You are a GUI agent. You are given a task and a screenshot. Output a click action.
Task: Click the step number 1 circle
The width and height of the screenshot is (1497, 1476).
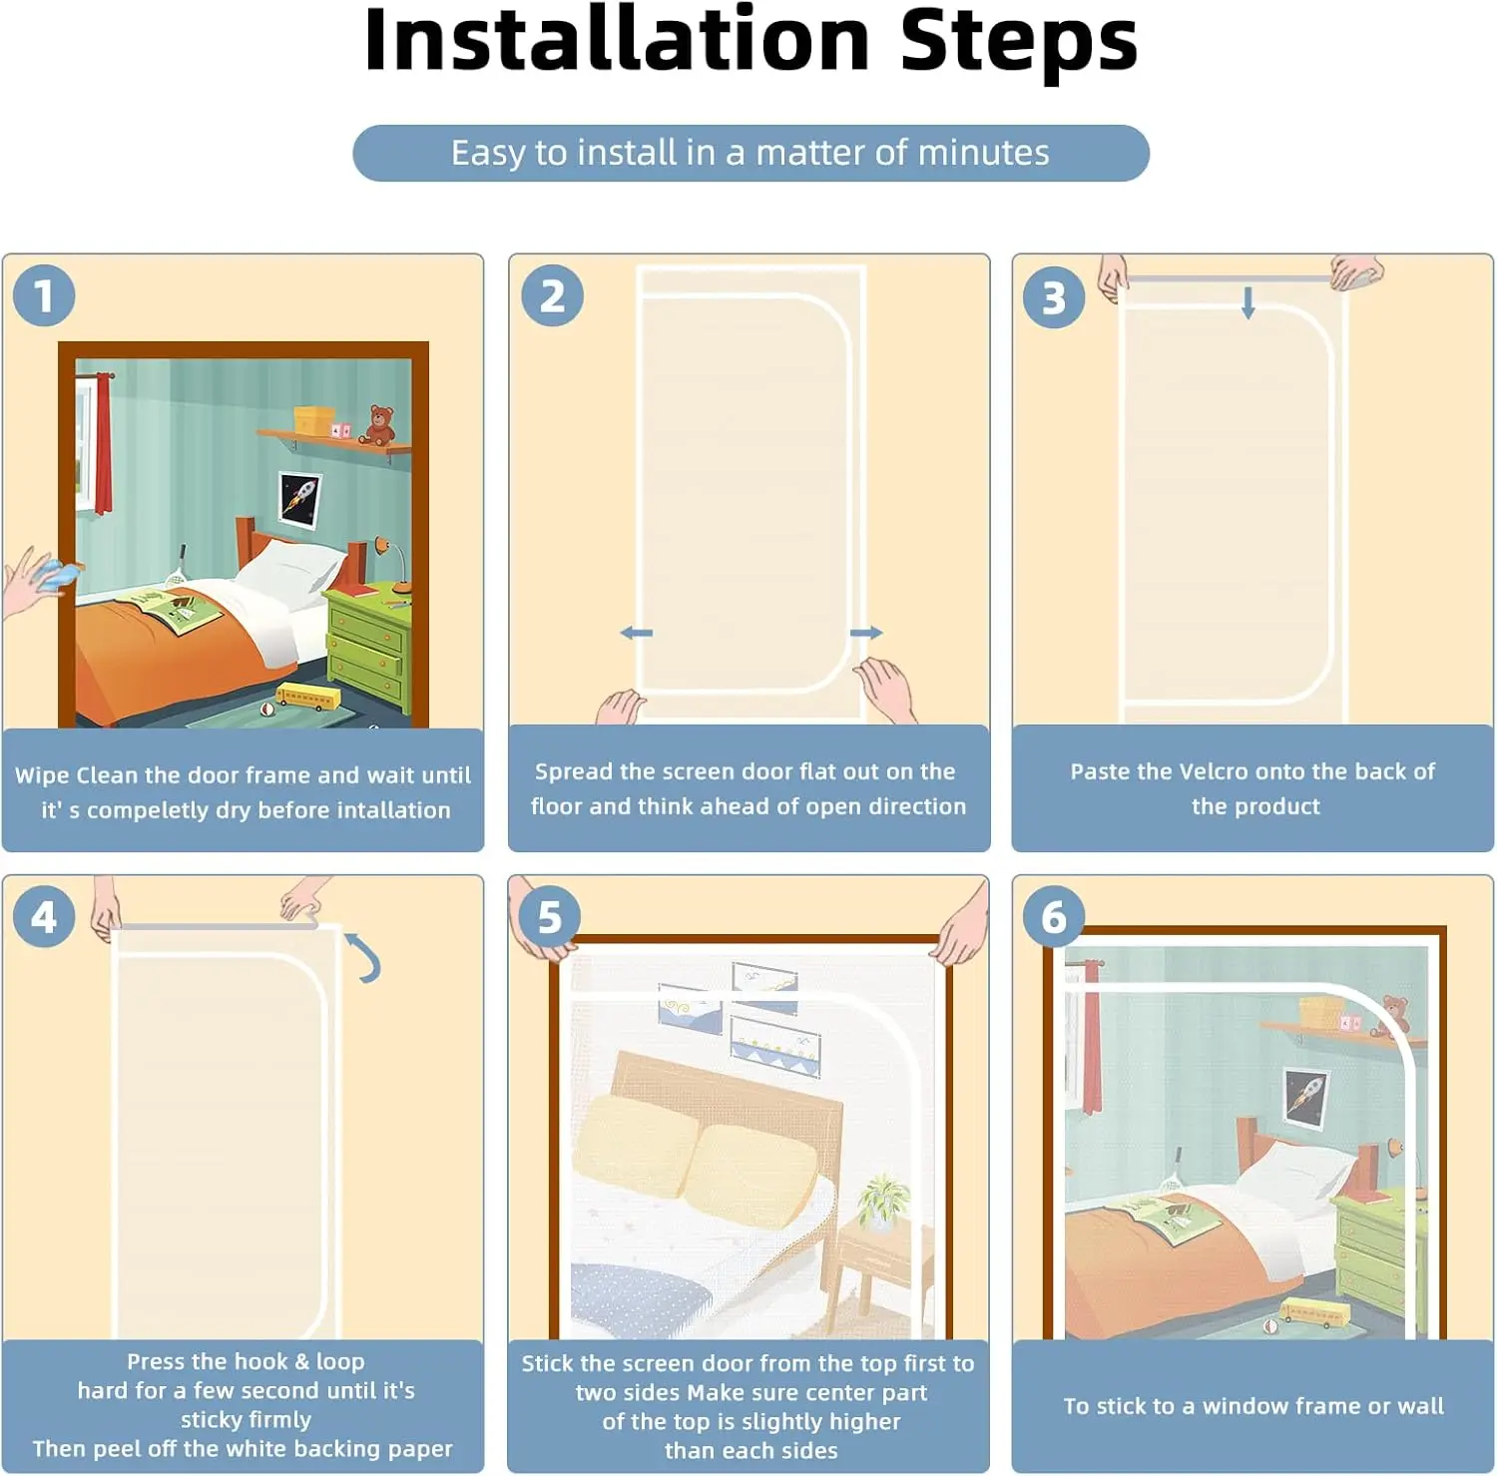44,295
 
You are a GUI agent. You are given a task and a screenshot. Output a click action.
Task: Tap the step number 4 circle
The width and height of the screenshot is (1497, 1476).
44,916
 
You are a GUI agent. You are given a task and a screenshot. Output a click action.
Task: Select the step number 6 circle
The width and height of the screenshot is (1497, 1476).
1054,916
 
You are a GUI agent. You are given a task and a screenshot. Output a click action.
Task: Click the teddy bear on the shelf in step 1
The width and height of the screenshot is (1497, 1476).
377,424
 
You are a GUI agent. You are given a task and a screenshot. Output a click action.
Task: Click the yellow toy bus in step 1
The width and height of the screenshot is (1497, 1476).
307,697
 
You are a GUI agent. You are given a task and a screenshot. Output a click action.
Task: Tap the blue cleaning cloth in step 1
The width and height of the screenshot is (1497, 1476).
56,574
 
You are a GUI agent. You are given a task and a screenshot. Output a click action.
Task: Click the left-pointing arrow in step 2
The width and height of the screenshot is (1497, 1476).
636,633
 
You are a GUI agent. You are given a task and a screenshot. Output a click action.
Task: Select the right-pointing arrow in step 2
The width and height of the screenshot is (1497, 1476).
866,633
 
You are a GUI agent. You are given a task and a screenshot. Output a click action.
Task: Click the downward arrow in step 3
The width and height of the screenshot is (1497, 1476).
1247,302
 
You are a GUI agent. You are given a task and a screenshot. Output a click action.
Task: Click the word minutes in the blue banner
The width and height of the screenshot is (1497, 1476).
983,153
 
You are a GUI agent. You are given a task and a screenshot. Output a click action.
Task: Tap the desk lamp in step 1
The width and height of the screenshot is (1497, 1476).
391,563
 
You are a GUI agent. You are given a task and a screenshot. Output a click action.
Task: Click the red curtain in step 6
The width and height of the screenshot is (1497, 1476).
1092,1039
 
